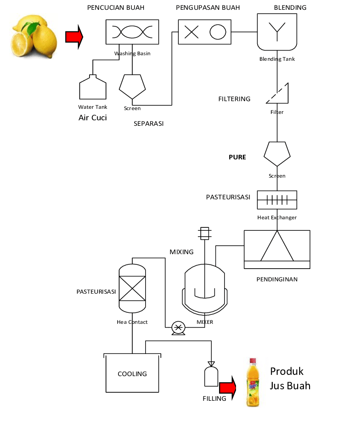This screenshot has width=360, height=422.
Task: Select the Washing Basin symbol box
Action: coord(132,32)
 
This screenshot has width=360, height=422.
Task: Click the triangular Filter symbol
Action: coord(279,94)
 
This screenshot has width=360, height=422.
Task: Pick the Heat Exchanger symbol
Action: coord(277,200)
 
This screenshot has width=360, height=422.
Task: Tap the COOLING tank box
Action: coord(132,373)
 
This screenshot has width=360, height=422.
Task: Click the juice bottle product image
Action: coord(253,382)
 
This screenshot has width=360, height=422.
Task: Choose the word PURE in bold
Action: coord(237,157)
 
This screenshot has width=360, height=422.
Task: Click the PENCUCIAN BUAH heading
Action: coord(115,8)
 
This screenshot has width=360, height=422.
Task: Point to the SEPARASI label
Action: coord(149,124)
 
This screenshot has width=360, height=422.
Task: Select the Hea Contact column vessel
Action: coord(132,287)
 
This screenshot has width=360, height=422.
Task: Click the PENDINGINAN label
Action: coord(277,279)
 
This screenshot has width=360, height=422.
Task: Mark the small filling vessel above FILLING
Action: coord(211,374)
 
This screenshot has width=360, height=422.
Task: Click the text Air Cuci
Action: coord(93,118)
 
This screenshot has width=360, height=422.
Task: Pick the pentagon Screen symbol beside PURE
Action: coord(277,153)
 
